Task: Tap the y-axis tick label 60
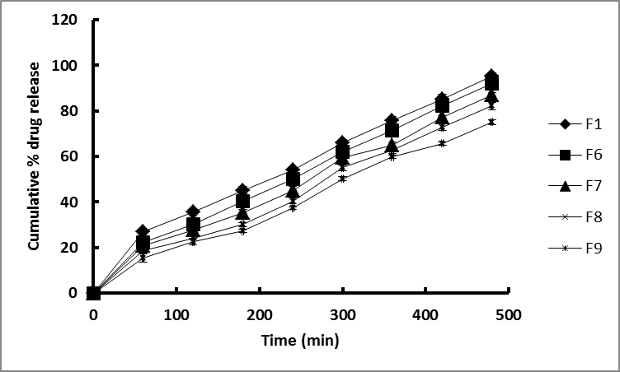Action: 68,156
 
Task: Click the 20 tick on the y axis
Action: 68,248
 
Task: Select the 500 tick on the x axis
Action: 509,315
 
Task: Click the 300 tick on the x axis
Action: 342,315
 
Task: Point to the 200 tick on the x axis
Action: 260,315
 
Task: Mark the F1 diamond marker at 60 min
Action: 143,231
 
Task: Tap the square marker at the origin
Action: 93,293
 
